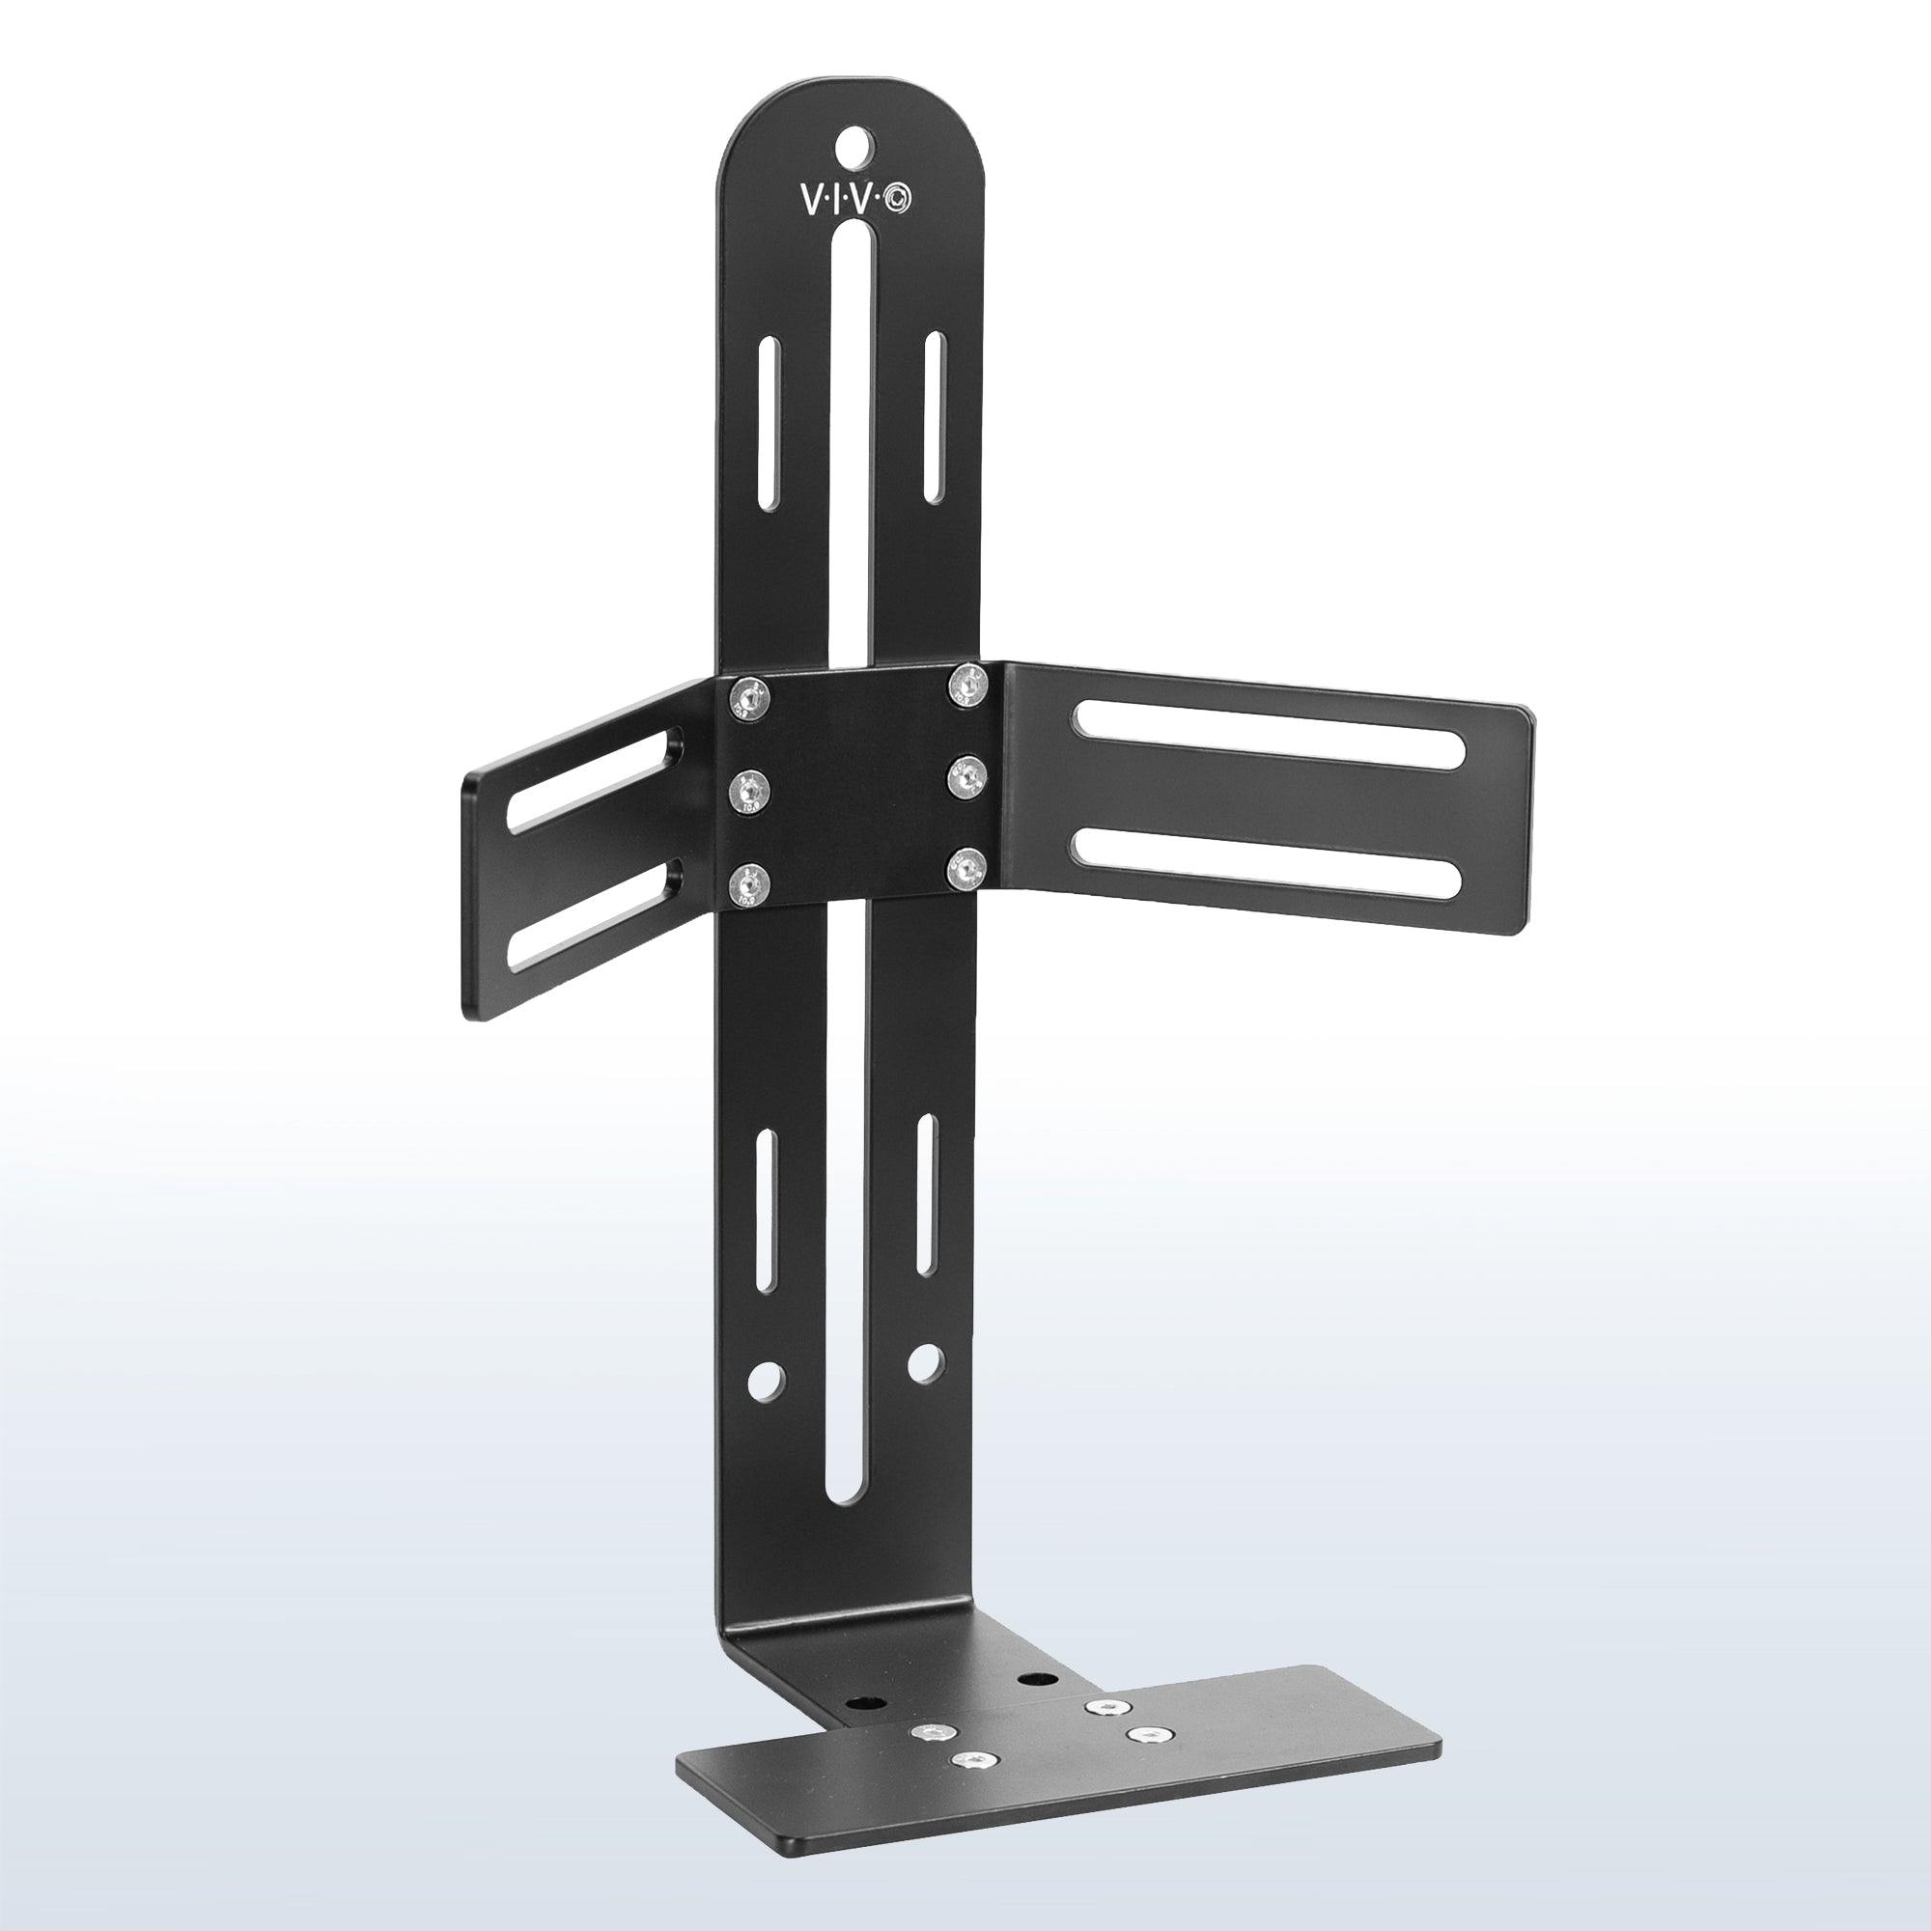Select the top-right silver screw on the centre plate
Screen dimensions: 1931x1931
pos(965,684)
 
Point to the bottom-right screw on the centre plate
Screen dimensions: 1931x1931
pos(965,870)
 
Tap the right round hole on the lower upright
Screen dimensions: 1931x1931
pos(925,1360)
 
